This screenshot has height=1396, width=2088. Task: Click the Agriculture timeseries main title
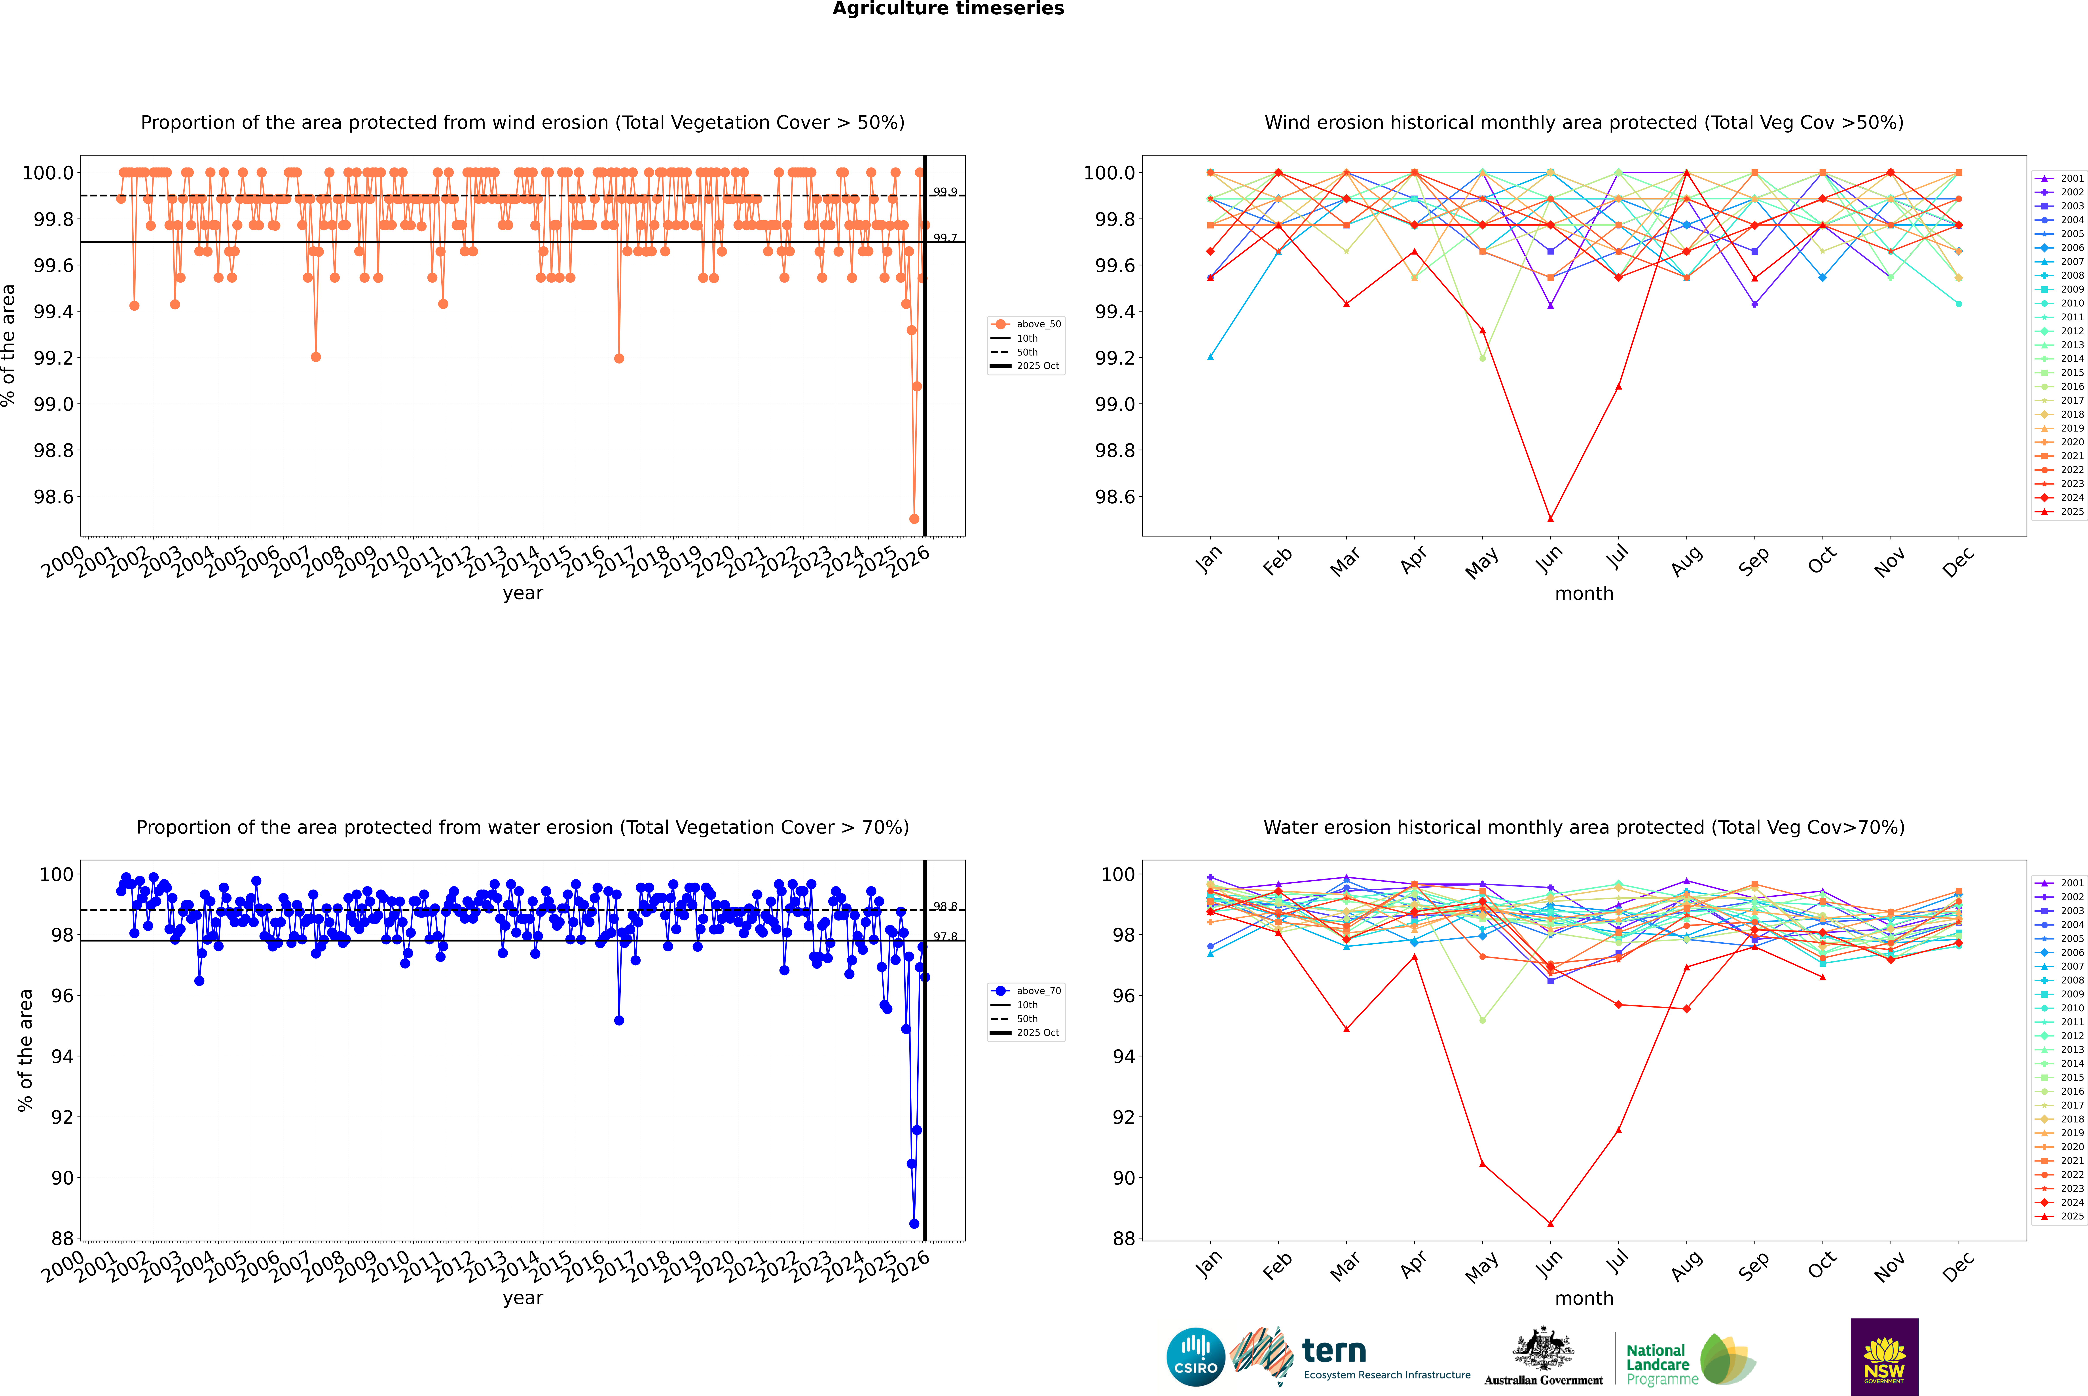click(x=948, y=9)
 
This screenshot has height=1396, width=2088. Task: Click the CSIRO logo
click(x=1195, y=1357)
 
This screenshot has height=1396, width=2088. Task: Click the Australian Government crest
click(x=1543, y=1350)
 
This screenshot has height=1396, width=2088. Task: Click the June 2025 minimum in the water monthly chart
click(x=1550, y=1223)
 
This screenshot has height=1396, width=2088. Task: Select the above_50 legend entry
click(x=1038, y=324)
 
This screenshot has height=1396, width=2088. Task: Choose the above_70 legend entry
click(x=1038, y=991)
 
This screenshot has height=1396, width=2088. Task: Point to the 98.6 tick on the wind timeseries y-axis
click(x=53, y=497)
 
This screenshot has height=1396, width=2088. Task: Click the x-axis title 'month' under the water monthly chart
click(x=1583, y=1298)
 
